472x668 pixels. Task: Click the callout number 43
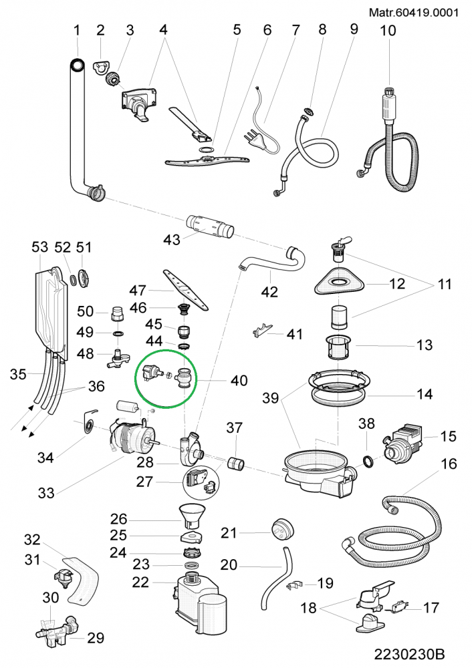tap(172, 239)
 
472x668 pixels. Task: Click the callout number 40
tap(239, 381)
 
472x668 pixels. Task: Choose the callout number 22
tap(140, 582)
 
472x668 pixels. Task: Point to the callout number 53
tap(40, 248)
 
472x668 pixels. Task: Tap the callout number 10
tap(388, 30)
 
